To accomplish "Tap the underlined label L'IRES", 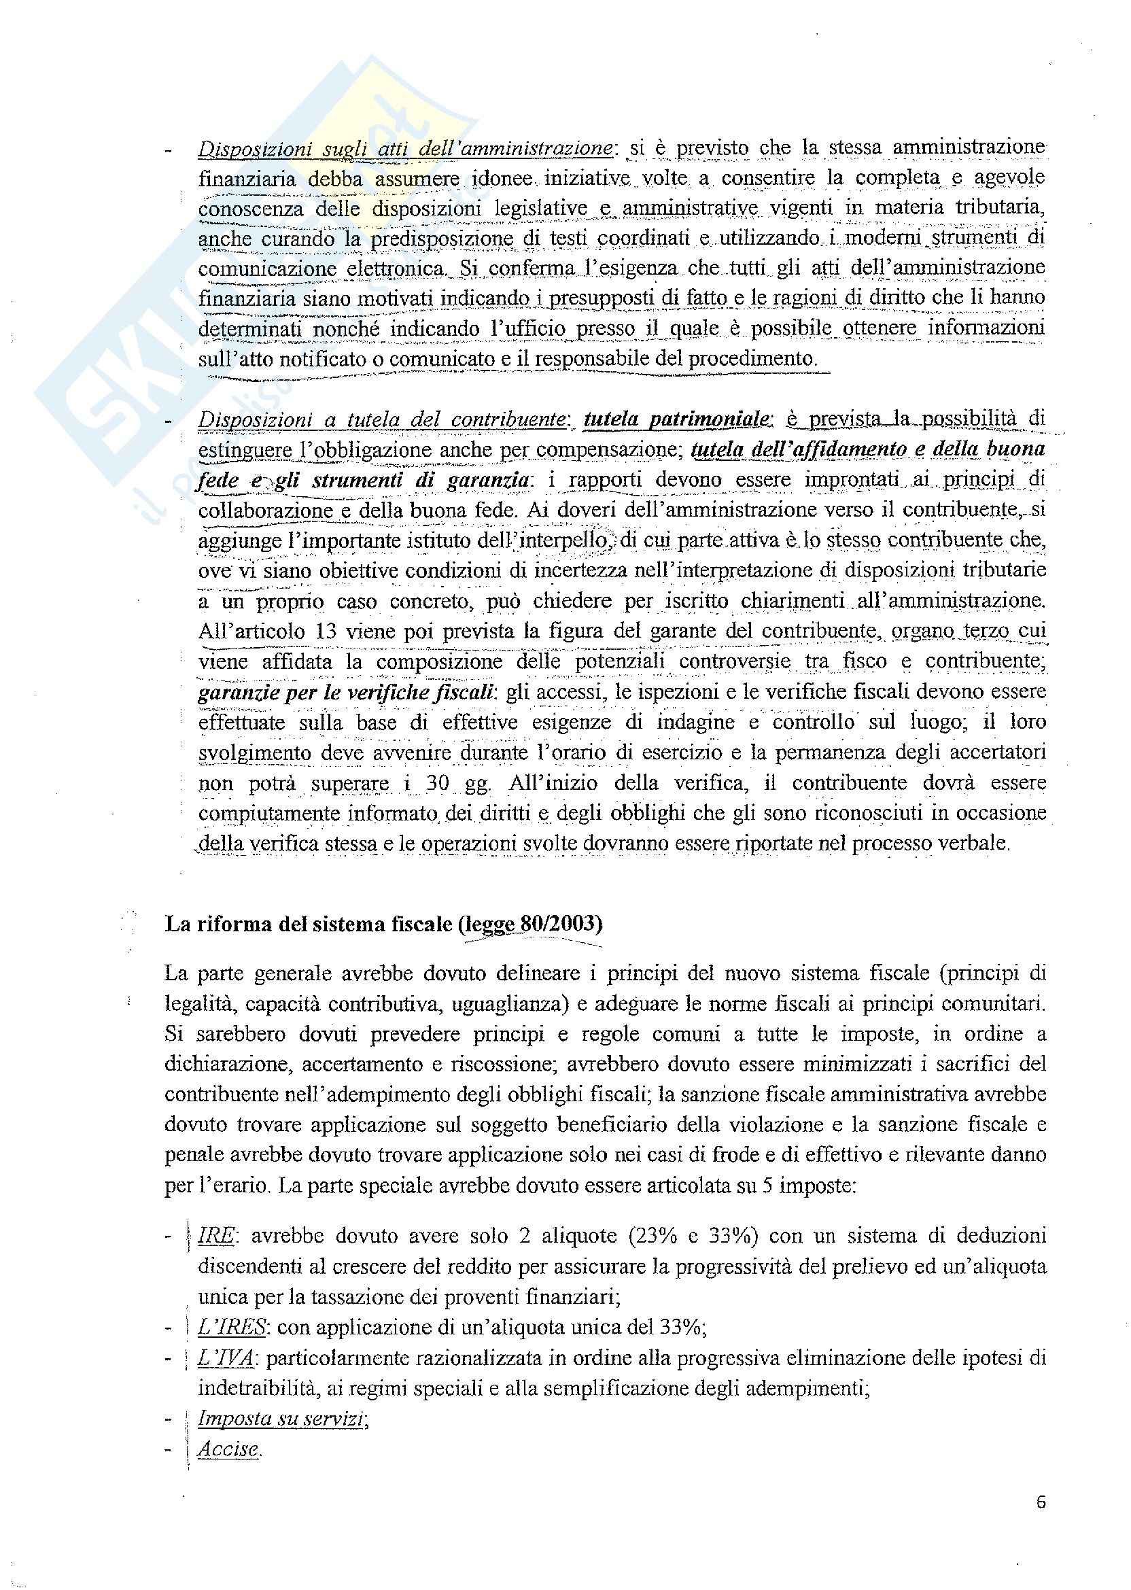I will click(232, 1328).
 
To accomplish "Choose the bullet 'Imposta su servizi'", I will click(282, 1418).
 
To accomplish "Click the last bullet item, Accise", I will click(228, 1449).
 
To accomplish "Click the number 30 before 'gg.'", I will click(438, 783).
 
